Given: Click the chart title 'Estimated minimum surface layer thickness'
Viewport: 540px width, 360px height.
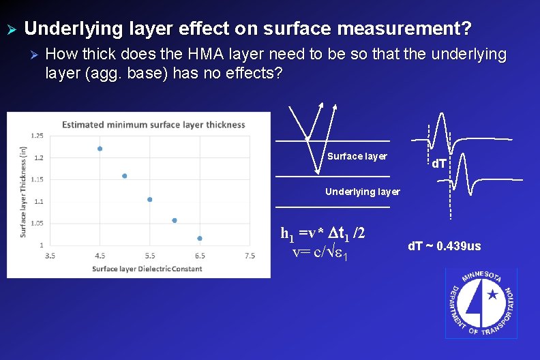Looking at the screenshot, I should tap(153, 125).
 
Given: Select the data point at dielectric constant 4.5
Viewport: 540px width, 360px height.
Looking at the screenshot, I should tap(100, 149).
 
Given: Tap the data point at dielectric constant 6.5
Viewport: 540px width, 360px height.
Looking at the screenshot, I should tap(200, 238).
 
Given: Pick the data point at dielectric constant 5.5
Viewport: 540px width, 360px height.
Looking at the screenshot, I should tap(150, 200).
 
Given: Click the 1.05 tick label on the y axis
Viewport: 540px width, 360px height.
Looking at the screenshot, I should tap(37, 223).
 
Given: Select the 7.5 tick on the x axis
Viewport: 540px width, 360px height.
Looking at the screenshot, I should tap(250, 256).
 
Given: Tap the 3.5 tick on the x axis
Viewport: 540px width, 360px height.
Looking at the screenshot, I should tap(50, 256).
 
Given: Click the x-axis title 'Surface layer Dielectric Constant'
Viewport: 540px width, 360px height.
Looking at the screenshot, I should tap(147, 269).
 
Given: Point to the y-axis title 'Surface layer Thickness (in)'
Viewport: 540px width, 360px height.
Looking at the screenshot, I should tap(23, 192).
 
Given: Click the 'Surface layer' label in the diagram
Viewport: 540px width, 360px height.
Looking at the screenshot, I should tap(357, 156).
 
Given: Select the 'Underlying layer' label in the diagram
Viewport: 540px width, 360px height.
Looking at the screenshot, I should tap(362, 192).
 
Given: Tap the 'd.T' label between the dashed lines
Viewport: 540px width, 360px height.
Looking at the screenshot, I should tap(440, 164).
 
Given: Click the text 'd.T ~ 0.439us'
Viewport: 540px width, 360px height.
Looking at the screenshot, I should tap(444, 245).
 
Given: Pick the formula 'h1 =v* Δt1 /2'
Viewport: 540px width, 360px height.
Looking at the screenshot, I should tap(323, 233).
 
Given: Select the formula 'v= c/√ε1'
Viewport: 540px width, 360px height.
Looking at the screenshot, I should tap(320, 253).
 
